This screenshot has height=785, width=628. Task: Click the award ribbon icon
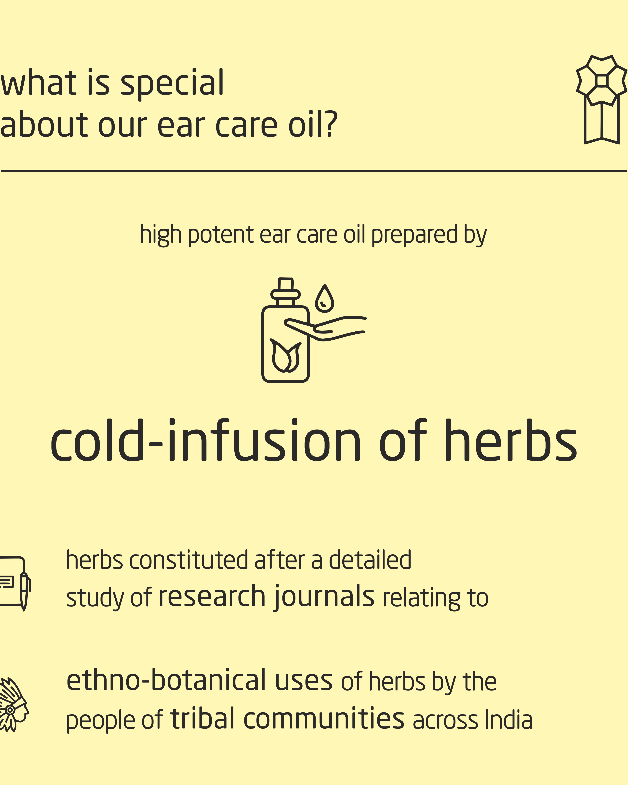point(601,99)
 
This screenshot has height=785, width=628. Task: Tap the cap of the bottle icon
point(285,290)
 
